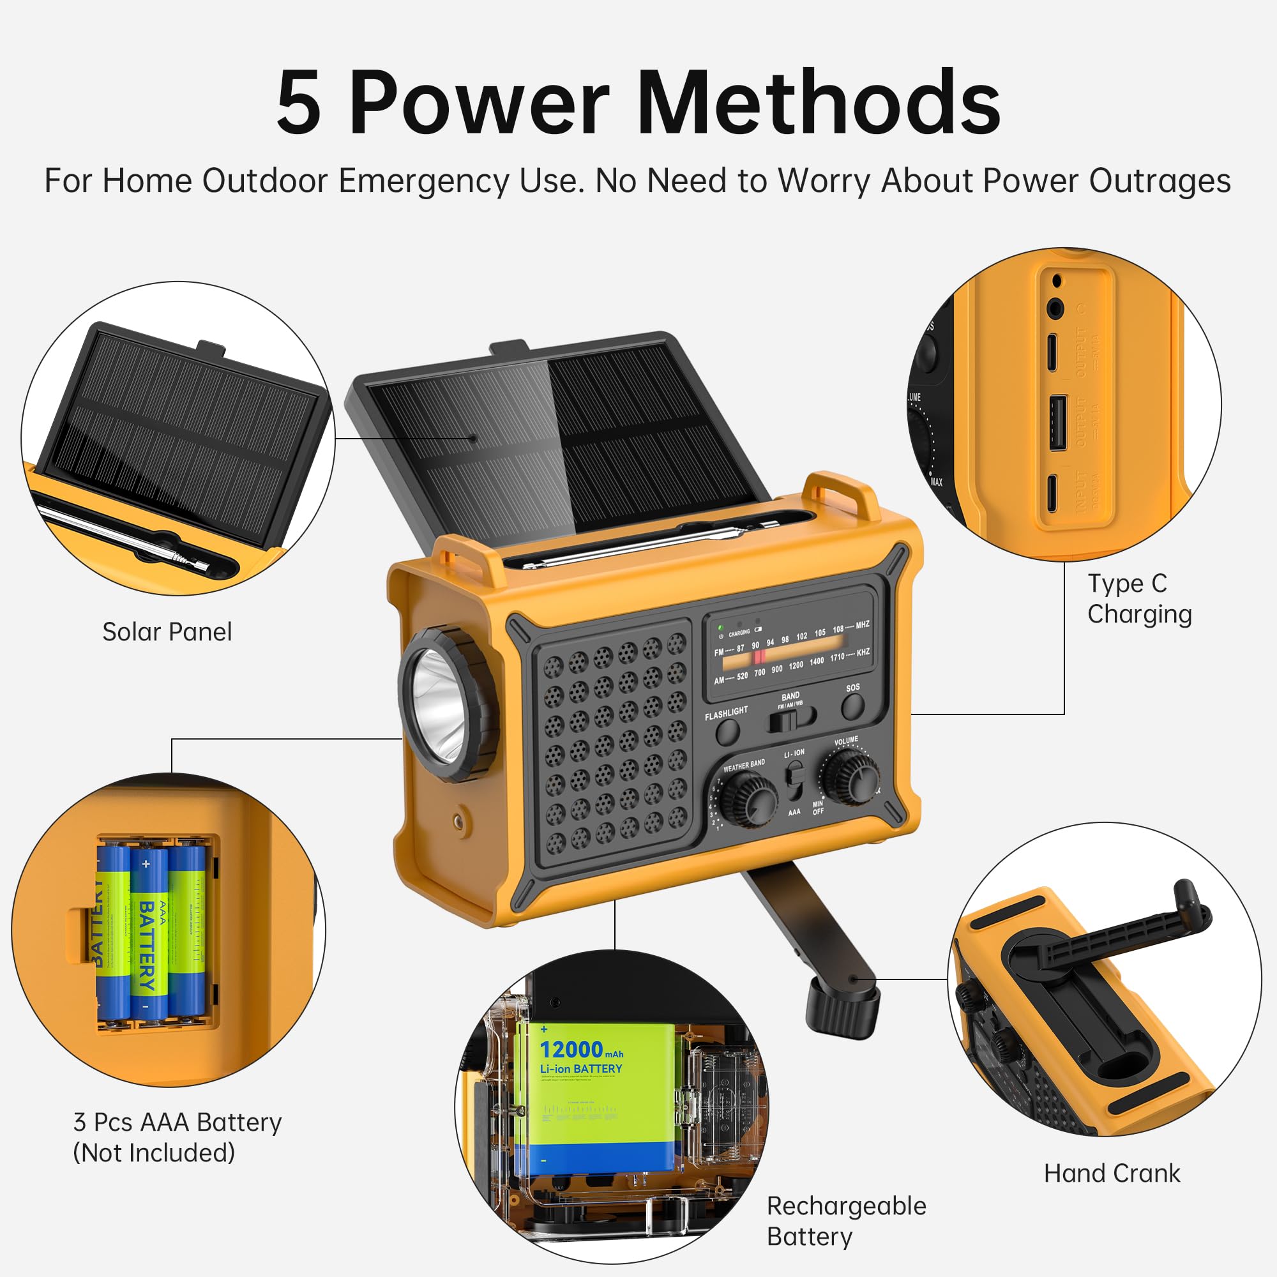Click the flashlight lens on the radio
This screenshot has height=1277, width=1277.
click(x=438, y=706)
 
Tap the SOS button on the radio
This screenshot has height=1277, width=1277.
click(x=852, y=707)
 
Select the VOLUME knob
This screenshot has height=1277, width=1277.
click(x=850, y=778)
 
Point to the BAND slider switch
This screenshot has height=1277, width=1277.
click(x=790, y=718)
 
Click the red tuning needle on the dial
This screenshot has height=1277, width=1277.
click(x=759, y=656)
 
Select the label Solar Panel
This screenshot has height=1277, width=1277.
click(x=167, y=632)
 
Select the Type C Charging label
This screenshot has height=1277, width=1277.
click(x=1139, y=599)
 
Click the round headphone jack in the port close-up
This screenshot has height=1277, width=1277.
click(x=1055, y=308)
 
